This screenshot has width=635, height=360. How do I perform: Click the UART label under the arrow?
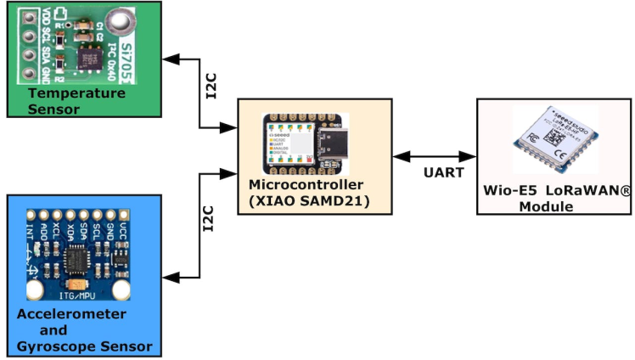(443, 172)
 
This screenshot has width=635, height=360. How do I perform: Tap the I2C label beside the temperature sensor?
(212, 87)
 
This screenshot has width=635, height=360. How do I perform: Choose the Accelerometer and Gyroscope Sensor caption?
(83, 330)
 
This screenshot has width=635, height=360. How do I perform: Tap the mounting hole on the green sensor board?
(121, 19)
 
